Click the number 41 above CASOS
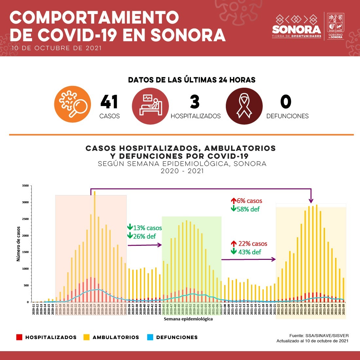[x=109, y=102]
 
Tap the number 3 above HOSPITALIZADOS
[x=195, y=102]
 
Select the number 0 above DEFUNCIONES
[x=286, y=102]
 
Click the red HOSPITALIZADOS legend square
[x=19, y=337]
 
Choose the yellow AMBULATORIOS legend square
[x=87, y=337]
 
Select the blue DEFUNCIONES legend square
[x=150, y=337]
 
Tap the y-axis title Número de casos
[x=19, y=243]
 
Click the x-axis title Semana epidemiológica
[x=188, y=319]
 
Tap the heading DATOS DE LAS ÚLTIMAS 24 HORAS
[x=192, y=80]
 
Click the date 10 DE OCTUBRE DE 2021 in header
[x=56, y=48]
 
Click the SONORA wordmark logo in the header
[x=297, y=29]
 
